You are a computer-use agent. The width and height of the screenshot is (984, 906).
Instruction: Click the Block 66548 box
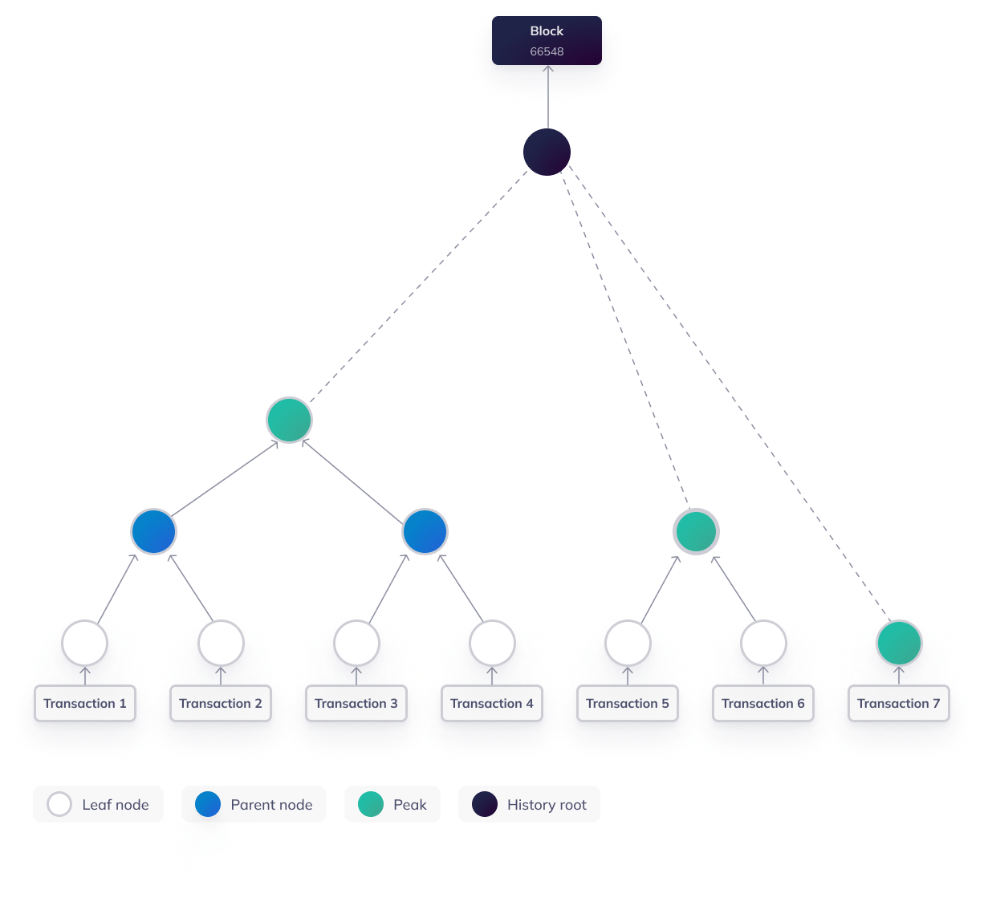(x=547, y=40)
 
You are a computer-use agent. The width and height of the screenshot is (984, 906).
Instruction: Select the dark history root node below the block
(x=547, y=152)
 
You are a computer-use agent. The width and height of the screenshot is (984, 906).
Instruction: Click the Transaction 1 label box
(x=85, y=704)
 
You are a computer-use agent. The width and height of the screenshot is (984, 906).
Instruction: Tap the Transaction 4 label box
(x=492, y=704)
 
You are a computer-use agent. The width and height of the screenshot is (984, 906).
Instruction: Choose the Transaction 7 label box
(x=898, y=704)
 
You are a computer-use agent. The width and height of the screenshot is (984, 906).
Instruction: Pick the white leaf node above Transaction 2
(x=221, y=643)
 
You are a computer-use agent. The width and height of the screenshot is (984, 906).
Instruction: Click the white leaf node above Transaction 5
(x=628, y=643)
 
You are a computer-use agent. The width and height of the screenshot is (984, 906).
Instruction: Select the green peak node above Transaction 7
(x=899, y=643)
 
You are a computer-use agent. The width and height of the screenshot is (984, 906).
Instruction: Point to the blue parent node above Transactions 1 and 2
(x=153, y=531)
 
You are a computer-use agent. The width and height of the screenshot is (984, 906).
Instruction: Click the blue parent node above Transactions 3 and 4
(x=425, y=531)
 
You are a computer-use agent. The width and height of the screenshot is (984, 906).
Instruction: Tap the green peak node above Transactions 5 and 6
(x=696, y=531)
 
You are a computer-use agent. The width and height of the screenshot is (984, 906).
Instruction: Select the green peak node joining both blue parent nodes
(x=289, y=420)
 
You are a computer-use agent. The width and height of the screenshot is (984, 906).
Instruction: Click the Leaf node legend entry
(x=98, y=804)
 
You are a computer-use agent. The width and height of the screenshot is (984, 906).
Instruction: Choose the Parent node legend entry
(x=254, y=804)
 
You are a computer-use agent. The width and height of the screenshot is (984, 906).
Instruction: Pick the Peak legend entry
(x=392, y=804)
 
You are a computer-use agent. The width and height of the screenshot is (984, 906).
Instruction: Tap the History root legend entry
(x=529, y=804)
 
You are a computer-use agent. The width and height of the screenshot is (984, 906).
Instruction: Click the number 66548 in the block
(x=547, y=51)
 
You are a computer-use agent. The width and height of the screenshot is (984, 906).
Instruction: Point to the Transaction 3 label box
(x=356, y=704)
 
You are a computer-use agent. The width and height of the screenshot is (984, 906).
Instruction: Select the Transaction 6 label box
(x=763, y=704)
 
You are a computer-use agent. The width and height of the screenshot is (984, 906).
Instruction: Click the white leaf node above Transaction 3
(x=356, y=643)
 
